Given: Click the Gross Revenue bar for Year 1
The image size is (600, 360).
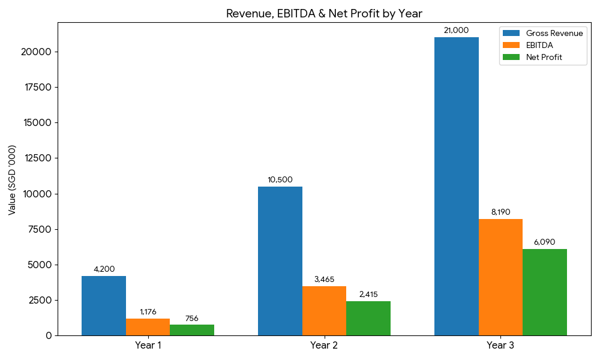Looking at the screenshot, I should click(x=104, y=305).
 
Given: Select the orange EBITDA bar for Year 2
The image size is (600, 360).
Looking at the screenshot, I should click(x=324, y=311).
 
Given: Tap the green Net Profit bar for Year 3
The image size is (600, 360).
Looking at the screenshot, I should click(x=545, y=292).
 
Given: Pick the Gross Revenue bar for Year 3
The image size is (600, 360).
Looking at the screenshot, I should click(x=457, y=186).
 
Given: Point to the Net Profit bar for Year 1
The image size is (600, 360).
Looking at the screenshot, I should click(x=192, y=330).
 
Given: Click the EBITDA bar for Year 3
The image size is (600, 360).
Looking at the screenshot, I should click(x=500, y=277).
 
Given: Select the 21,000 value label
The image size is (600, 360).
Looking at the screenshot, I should click(x=456, y=31).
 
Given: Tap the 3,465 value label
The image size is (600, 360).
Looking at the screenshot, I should click(x=324, y=280).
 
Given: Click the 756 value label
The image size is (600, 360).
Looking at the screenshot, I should click(x=192, y=319).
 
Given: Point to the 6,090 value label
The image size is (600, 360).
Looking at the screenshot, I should click(x=544, y=242).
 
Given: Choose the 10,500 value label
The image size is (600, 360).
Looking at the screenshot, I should click(x=280, y=180).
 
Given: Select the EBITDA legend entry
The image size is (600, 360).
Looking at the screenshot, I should click(x=539, y=46).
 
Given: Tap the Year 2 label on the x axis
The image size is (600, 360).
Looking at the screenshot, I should click(x=324, y=346).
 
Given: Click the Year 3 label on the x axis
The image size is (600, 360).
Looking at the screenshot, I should click(x=500, y=346).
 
